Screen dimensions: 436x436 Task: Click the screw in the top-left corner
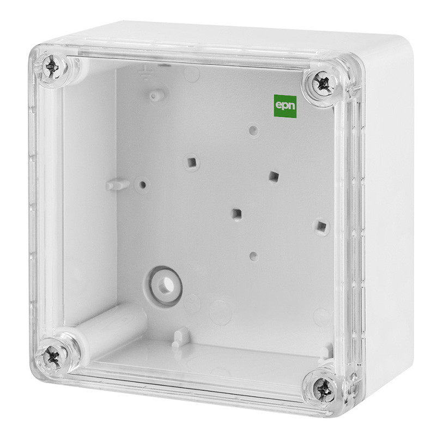pyautogui.click(x=52, y=67)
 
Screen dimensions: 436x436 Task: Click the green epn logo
pyautogui.click(x=285, y=106)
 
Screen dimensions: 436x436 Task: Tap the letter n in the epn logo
pyautogui.click(x=292, y=106)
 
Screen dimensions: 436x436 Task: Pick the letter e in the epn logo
pyautogui.click(x=278, y=105)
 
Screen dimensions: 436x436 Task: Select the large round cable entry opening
pyautogui.click(x=163, y=286)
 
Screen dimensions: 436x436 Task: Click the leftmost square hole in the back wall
pyautogui.click(x=191, y=162)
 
